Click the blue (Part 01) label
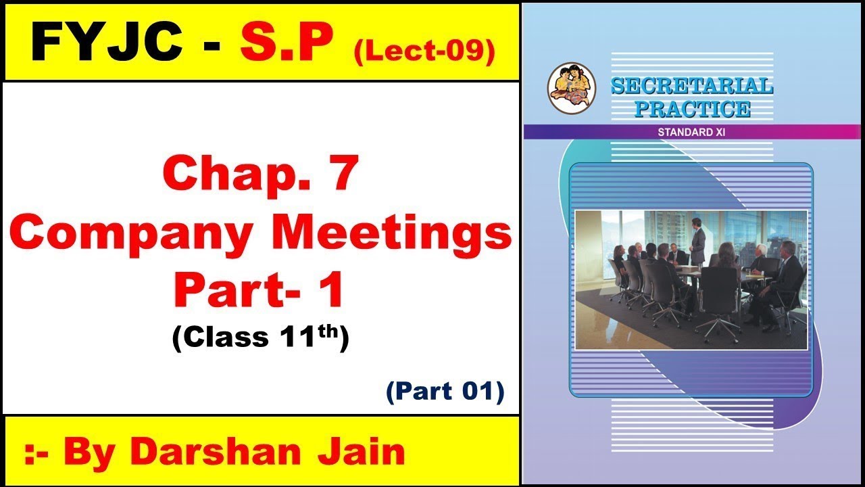445,392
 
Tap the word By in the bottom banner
93,451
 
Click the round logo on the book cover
567,88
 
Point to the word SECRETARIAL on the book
691,87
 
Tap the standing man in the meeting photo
697,244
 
